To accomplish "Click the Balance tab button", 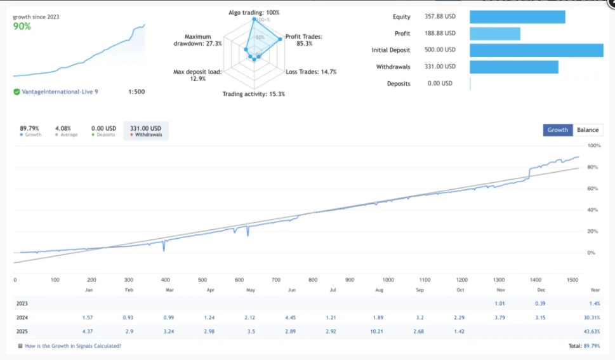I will point(588,130).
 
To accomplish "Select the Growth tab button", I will point(558,130).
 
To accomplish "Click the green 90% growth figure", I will point(23,27).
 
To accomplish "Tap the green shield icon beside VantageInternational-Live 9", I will point(17,92).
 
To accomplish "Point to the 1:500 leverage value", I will point(136,92).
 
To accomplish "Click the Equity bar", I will point(517,17).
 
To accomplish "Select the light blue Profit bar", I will point(495,34).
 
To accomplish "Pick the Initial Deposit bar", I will point(536,50).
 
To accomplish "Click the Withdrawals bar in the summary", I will point(514,67).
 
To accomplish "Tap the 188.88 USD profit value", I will point(441,34).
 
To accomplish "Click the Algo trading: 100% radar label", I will point(254,13).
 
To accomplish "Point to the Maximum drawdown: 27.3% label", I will point(197,40).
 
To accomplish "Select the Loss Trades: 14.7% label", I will point(311,72).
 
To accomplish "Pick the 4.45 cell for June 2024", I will point(291,317).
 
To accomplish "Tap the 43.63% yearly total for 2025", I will point(591,331).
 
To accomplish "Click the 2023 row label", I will point(22,304).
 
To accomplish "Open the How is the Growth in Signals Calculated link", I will point(72,346).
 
